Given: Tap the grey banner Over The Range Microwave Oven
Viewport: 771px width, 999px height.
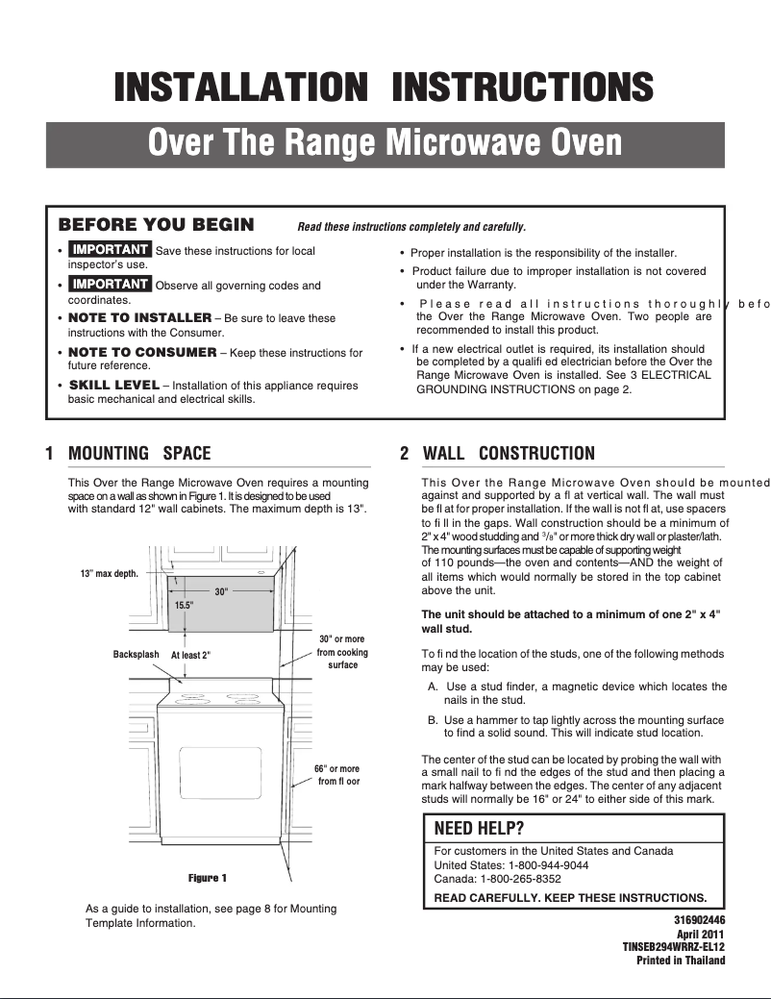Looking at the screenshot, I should [385, 143].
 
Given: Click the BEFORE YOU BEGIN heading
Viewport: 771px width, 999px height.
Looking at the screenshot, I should [157, 225].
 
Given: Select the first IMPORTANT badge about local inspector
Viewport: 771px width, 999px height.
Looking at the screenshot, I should [111, 250].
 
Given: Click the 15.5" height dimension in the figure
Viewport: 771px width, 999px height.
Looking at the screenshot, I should [184, 605].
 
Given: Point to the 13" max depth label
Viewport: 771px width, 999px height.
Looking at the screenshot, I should [110, 573].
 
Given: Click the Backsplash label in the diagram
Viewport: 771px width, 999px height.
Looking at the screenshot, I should [136, 654].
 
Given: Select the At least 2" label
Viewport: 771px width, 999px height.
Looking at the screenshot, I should [190, 655].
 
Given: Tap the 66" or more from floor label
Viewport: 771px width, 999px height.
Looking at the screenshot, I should [336, 775].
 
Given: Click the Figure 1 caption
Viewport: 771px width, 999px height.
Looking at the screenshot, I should [208, 878].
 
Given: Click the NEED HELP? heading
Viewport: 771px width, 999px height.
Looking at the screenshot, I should [480, 828].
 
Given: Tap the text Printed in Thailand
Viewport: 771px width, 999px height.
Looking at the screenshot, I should [681, 960].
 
